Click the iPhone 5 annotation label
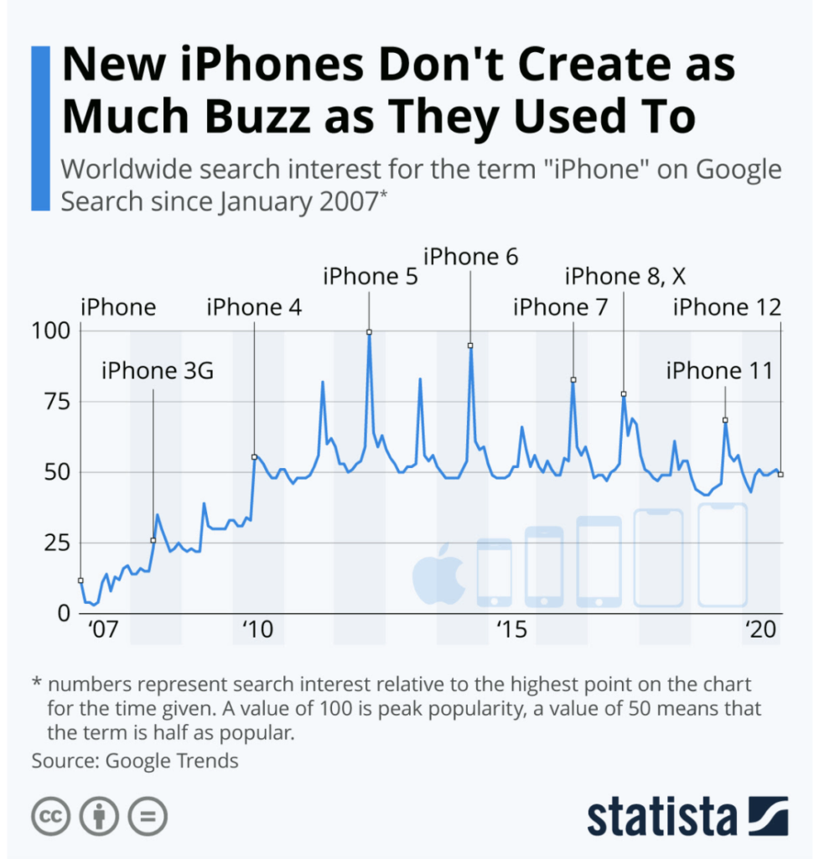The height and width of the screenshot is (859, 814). coord(370,276)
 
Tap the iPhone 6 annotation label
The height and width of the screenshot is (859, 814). coord(470,256)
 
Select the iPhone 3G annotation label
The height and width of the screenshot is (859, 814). coord(158,369)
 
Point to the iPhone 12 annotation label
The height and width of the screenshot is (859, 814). coord(727,308)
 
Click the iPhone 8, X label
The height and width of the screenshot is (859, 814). coord(625,276)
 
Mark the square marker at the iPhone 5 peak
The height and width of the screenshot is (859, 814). coord(369,332)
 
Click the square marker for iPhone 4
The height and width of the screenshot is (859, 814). coord(254,457)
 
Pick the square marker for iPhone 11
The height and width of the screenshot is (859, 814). coord(725,420)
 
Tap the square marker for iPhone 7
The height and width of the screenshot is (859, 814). coord(573,380)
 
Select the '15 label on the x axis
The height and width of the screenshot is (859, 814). coord(511,629)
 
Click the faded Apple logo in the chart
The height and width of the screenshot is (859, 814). coord(438,575)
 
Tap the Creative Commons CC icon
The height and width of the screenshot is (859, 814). coord(50,815)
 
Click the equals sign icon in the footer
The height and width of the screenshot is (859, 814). coord(148,815)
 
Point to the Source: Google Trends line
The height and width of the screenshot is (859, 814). coord(135,761)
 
